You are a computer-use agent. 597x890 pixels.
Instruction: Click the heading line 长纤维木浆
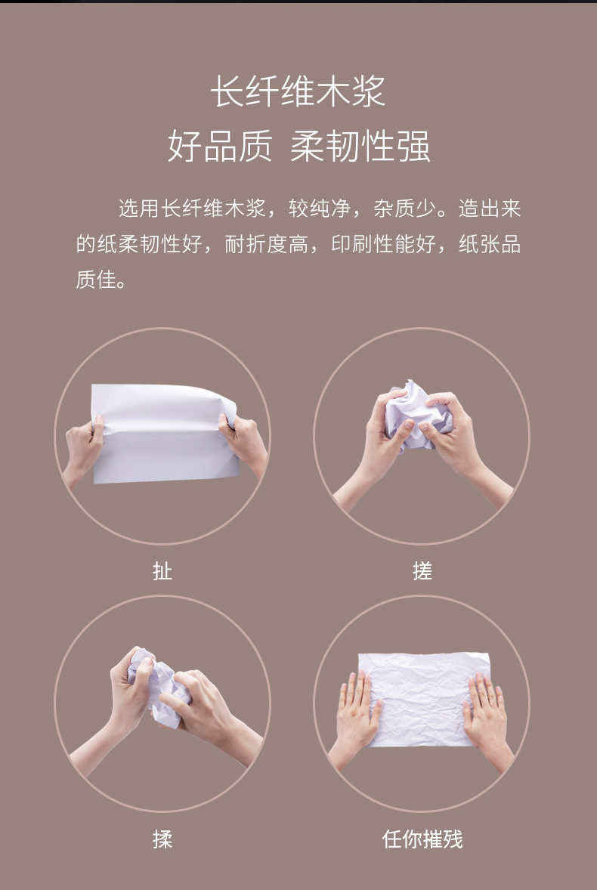click(x=298, y=91)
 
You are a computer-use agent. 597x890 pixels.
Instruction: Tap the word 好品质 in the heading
click(x=220, y=146)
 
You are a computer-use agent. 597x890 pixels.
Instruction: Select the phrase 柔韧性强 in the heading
click(x=360, y=146)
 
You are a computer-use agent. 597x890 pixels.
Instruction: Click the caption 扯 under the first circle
click(x=162, y=570)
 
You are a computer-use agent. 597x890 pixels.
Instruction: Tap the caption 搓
click(x=422, y=570)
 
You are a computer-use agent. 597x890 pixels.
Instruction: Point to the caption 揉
click(x=162, y=839)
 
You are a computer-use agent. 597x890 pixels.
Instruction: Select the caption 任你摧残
click(x=422, y=839)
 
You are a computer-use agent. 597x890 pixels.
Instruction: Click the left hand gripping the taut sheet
click(x=83, y=450)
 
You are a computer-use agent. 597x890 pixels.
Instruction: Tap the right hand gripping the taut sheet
click(x=245, y=443)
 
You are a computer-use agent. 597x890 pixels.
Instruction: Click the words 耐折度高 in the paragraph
click(x=267, y=244)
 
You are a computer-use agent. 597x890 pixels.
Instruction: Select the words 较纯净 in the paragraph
click(x=320, y=209)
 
